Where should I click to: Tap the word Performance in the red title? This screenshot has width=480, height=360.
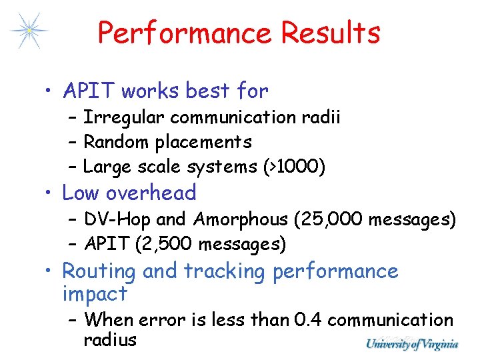coord(185,33)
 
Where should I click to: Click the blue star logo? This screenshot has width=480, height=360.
coord(29,30)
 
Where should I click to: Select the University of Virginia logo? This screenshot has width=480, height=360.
coord(412,344)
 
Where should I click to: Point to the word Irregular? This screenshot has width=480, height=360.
coord(125,117)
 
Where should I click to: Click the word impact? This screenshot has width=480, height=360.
coord(95,293)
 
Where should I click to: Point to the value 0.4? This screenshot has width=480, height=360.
coord(308,320)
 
